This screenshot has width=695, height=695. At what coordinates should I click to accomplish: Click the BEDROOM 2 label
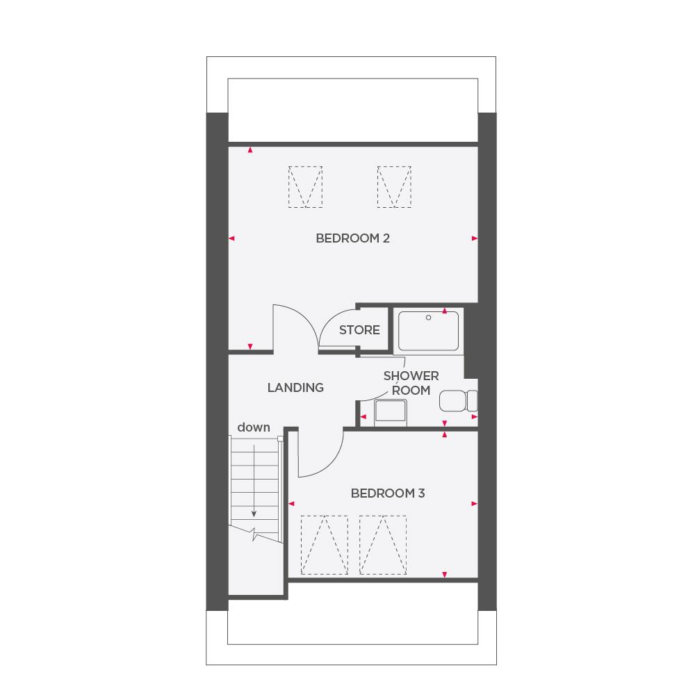(x=352, y=238)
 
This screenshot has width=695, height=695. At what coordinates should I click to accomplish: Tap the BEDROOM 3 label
(x=387, y=493)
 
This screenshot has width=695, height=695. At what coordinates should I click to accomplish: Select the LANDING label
(x=295, y=388)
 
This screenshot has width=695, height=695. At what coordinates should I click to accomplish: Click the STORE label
(x=359, y=330)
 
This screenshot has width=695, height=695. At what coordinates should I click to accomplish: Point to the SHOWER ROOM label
(x=411, y=383)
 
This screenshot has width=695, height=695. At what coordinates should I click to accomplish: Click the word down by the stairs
(x=254, y=428)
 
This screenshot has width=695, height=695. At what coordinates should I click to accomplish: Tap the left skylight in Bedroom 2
(x=306, y=186)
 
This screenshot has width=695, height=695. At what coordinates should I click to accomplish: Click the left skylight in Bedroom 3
(x=324, y=545)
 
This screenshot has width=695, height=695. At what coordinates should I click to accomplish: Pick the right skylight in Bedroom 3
(x=383, y=545)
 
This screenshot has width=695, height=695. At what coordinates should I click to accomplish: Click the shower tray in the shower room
(x=428, y=330)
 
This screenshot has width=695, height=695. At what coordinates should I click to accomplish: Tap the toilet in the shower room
(x=459, y=401)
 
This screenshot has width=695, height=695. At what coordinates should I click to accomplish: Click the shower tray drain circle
(x=430, y=318)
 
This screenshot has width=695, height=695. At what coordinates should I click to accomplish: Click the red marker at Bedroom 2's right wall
(x=475, y=238)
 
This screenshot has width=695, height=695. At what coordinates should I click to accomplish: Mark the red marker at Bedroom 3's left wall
(x=292, y=503)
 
